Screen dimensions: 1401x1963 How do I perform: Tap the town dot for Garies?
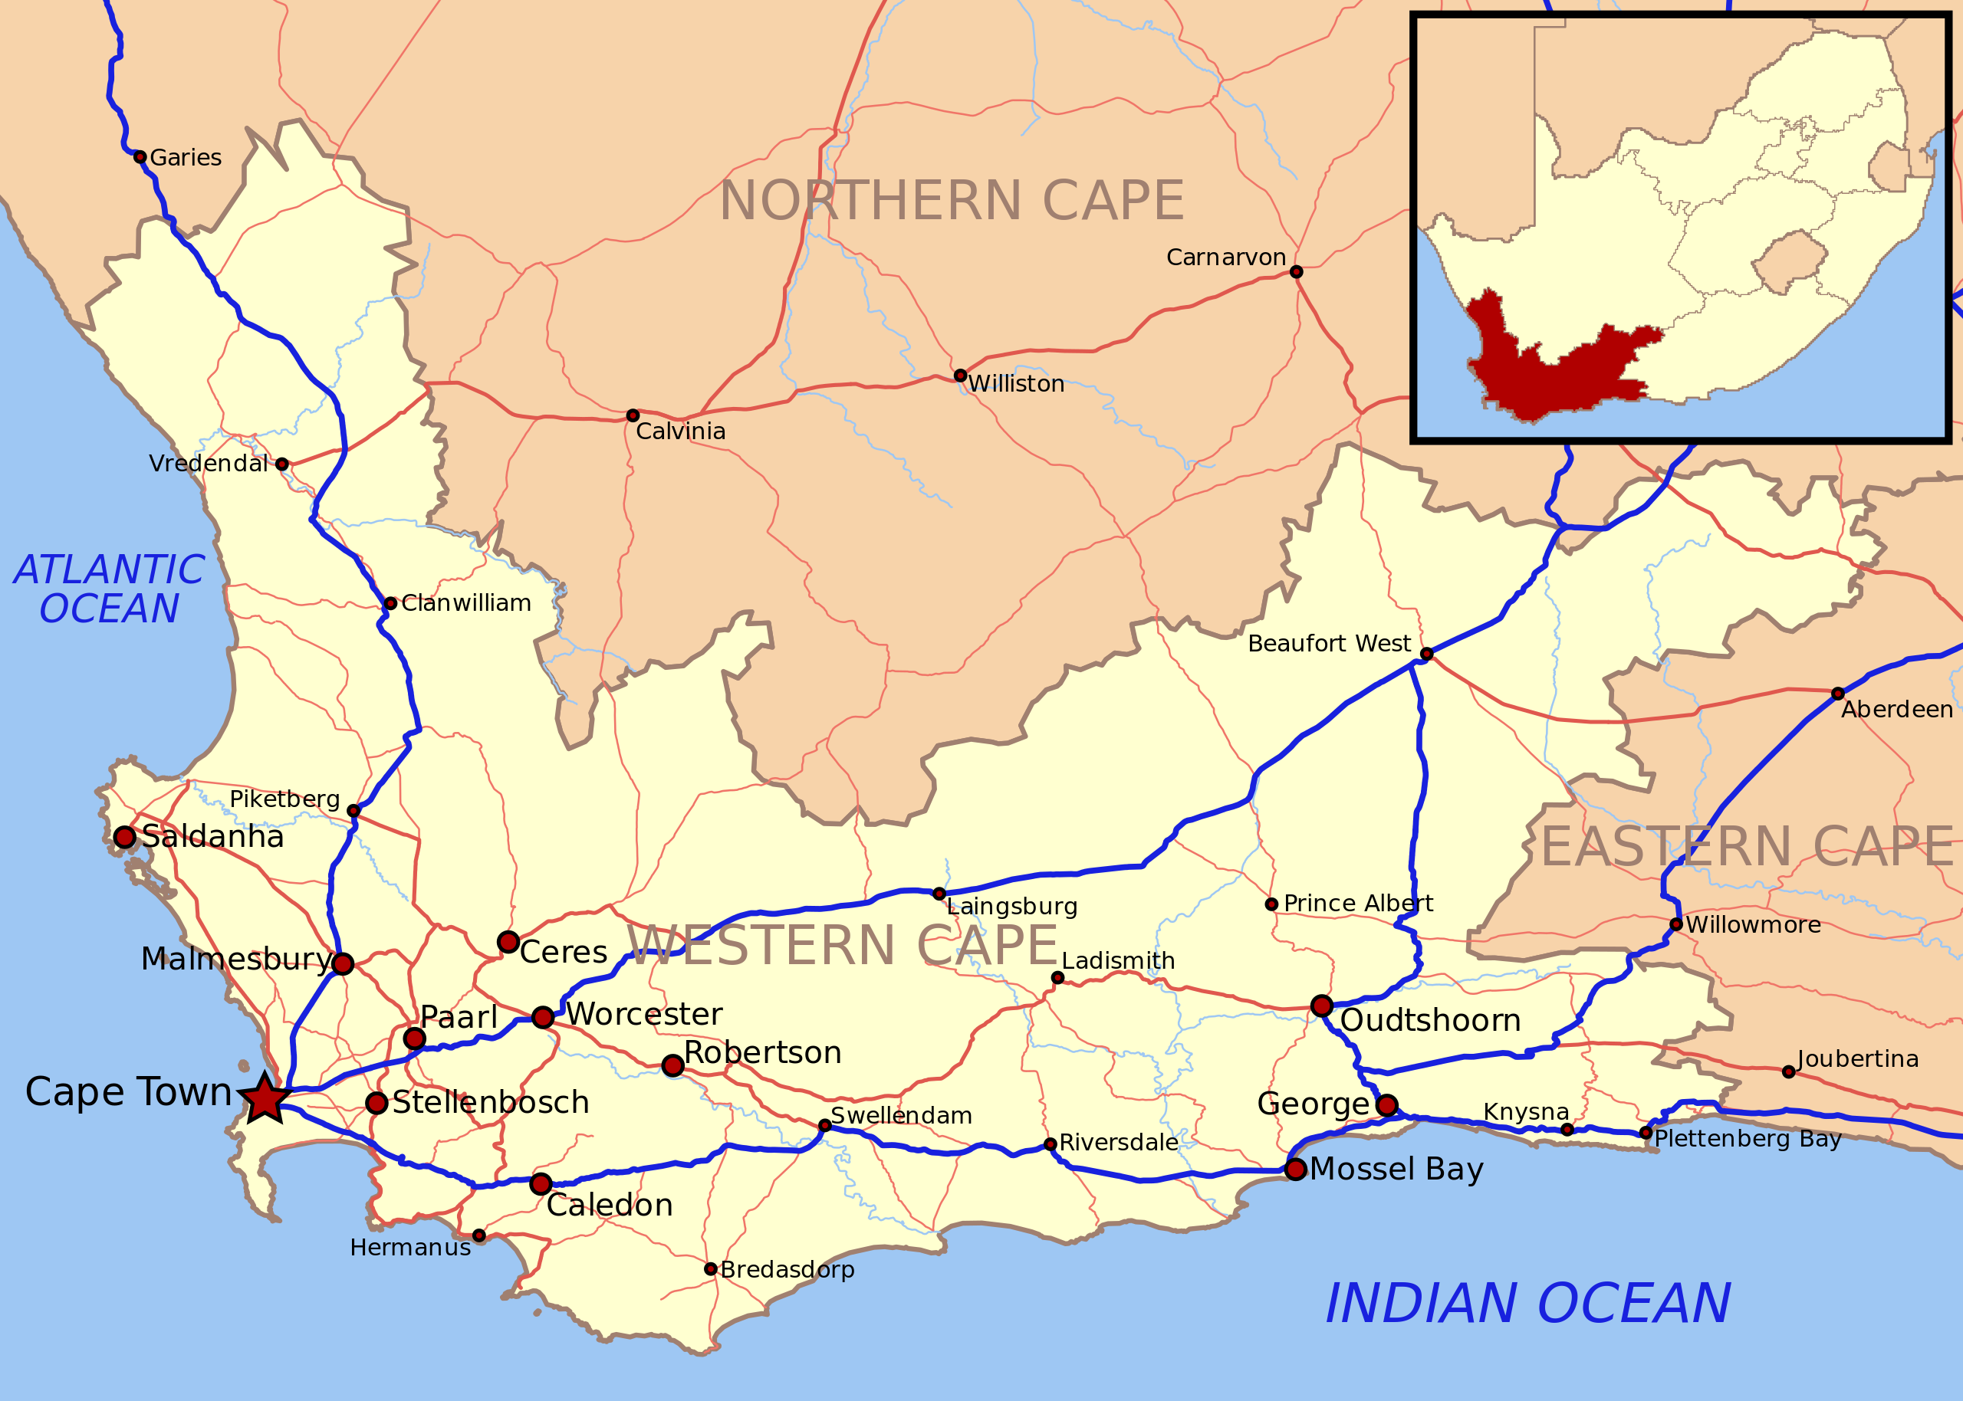coord(140,157)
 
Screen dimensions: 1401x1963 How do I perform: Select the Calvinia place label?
coord(680,431)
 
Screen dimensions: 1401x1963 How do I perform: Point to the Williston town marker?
coord(960,376)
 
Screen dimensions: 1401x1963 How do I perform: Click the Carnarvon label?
coord(1225,257)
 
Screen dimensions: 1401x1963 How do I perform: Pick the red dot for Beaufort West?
coord(1426,654)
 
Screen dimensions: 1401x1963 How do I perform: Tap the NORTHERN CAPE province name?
coord(951,201)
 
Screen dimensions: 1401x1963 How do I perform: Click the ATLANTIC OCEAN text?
coord(109,589)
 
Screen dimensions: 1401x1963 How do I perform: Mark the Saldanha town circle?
coord(125,837)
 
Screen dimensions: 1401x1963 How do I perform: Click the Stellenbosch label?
coord(490,1103)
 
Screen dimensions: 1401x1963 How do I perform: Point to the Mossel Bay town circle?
coord(1295,1169)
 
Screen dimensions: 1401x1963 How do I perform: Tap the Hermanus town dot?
coord(479,1235)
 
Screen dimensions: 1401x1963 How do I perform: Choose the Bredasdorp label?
coord(787,1270)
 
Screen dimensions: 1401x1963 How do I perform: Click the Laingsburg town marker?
coord(939,894)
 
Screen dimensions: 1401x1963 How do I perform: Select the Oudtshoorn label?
coord(1430,1021)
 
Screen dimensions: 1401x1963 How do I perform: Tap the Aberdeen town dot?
coord(1838,694)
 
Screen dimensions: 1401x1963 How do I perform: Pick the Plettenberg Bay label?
coord(1748,1139)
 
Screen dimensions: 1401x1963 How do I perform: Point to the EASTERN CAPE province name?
coord(1748,847)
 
